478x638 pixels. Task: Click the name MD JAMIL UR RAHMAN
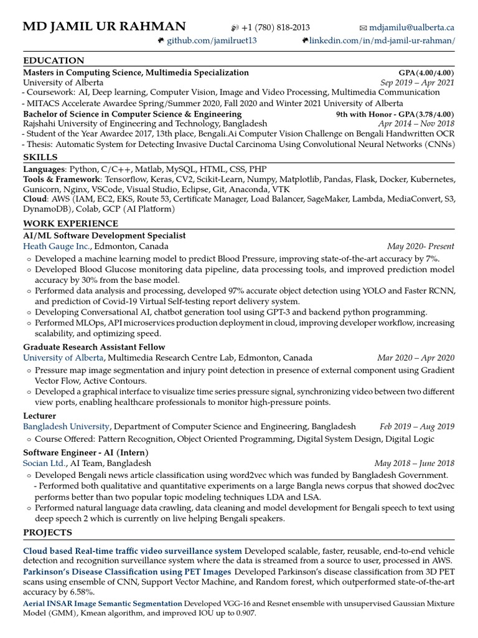pyautogui.click(x=104, y=26)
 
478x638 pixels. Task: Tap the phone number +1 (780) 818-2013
pyautogui.click(x=274, y=27)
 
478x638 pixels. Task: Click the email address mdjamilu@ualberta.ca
pyautogui.click(x=411, y=27)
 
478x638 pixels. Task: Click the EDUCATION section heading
pyautogui.click(x=54, y=60)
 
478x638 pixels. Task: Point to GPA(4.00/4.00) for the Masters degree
pyautogui.click(x=426, y=73)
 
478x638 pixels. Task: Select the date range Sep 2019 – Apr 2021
pyautogui.click(x=417, y=82)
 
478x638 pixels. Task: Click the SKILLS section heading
pyautogui.click(x=40, y=157)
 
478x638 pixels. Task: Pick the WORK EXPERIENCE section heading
pyautogui.click(x=70, y=223)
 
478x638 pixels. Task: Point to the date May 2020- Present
pyautogui.click(x=421, y=246)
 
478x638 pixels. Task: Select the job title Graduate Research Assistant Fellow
pyautogui.click(x=94, y=346)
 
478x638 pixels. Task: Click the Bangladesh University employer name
pyautogui.click(x=67, y=427)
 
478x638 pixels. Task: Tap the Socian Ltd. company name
pyautogui.click(x=44, y=464)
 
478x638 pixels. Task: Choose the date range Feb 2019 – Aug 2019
pyautogui.click(x=417, y=427)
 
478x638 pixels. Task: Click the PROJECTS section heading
pyautogui.click(x=47, y=532)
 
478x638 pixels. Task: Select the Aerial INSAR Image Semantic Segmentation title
pyautogui.click(x=103, y=604)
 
